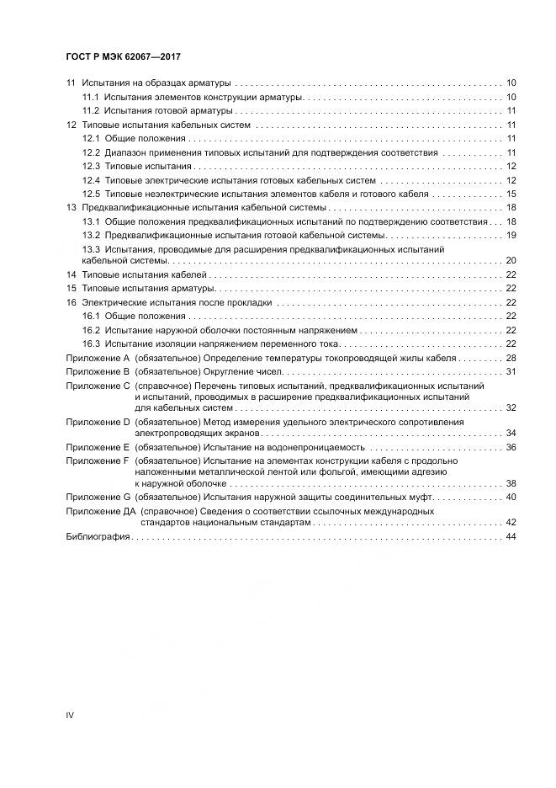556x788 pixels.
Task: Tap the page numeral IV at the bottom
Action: [70, 715]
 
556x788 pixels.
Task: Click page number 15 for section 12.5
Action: [511, 194]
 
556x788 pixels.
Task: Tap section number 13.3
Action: [91, 250]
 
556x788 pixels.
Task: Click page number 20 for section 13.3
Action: [511, 261]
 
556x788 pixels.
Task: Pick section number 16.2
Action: [91, 330]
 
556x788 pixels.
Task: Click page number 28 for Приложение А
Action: [511, 358]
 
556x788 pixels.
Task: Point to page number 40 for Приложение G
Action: [511, 497]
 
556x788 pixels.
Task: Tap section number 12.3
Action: [91, 167]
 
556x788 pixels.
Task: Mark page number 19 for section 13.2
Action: [511, 235]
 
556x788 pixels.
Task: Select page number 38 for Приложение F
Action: [511, 483]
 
